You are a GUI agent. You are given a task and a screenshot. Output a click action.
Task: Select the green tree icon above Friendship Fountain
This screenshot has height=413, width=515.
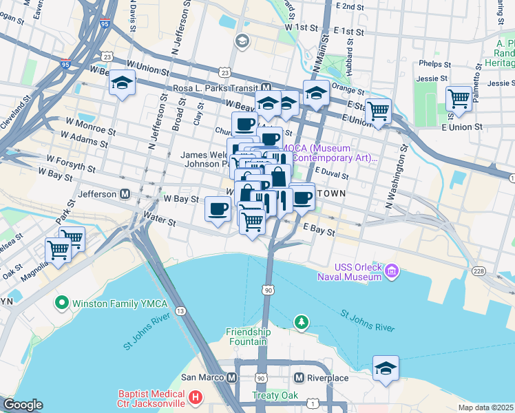click(x=301, y=321)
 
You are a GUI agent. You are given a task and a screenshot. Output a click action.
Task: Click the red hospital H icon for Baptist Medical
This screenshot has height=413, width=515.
click(x=195, y=397)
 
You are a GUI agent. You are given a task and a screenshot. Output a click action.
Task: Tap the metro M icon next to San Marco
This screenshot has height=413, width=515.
click(x=232, y=378)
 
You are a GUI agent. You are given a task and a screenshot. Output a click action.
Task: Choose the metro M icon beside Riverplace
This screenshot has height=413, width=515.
click(x=299, y=378)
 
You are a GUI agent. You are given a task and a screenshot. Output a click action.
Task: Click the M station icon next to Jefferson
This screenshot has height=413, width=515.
click(x=125, y=194)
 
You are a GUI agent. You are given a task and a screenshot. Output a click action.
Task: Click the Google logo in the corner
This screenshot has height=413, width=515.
click(x=23, y=405)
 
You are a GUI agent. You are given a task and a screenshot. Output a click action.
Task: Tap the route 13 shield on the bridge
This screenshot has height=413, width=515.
click(x=180, y=311)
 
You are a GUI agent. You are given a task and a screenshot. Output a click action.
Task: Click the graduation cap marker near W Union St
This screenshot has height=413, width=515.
click(x=122, y=83)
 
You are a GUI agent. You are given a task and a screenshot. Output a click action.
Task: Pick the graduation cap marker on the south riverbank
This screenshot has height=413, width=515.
click(x=386, y=368)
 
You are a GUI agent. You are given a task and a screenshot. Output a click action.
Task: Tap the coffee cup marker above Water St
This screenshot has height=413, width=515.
click(x=218, y=208)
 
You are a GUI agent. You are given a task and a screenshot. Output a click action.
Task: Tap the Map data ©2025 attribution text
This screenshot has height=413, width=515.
click(x=485, y=407)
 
